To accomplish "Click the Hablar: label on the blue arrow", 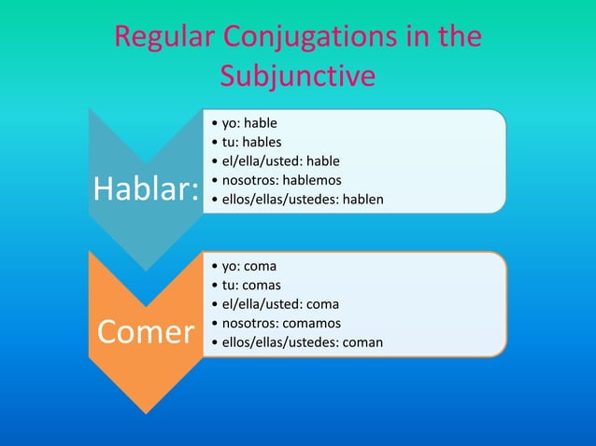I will pos(146,190).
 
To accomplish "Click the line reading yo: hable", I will pos(249,123).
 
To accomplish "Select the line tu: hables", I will pos(251,142).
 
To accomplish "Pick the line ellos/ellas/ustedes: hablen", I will pos(302,200).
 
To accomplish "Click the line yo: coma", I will pos(249,265).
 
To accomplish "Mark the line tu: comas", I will pos(251,285).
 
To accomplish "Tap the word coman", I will pos(363,342).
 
